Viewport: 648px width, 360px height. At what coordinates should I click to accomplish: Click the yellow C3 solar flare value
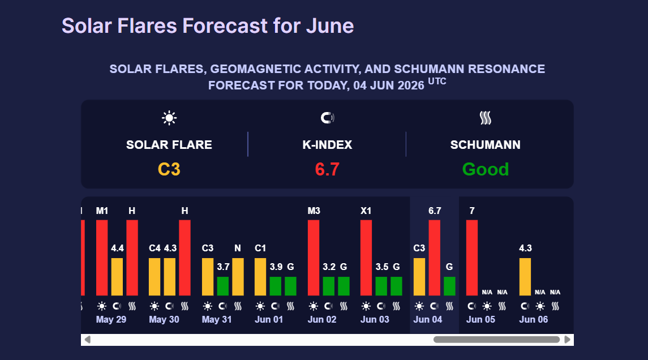point(169,169)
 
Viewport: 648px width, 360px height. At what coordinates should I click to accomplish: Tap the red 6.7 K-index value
point(327,169)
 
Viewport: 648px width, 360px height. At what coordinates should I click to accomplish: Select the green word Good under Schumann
point(485,169)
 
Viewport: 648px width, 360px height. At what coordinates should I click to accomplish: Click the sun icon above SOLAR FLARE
point(169,118)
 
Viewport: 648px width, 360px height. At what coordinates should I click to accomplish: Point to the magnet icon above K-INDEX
point(327,118)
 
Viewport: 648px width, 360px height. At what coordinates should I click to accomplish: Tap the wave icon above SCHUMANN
point(486,118)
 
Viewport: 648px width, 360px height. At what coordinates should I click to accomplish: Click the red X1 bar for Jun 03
point(366,258)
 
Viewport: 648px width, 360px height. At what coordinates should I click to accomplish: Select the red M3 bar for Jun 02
point(314,258)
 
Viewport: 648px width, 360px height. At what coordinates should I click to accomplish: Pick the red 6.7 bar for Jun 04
point(434,258)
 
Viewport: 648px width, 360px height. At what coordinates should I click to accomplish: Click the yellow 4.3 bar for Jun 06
point(525,277)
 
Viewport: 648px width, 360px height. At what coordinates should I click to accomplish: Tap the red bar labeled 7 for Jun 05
point(472,258)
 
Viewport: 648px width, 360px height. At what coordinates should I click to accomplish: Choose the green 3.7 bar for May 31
point(223,286)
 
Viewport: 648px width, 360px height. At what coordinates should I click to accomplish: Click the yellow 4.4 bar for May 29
point(117,277)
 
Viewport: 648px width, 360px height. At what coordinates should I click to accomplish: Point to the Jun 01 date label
point(269,319)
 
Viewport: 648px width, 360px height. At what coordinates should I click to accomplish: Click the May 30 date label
point(164,319)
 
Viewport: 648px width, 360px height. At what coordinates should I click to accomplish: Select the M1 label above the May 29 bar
point(102,211)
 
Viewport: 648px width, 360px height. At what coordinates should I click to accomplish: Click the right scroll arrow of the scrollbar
point(568,340)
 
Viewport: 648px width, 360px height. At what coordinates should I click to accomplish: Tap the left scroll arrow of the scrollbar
point(87,340)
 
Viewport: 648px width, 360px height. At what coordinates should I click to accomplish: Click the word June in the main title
point(330,25)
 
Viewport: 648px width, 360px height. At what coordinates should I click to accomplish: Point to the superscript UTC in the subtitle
point(437,81)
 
